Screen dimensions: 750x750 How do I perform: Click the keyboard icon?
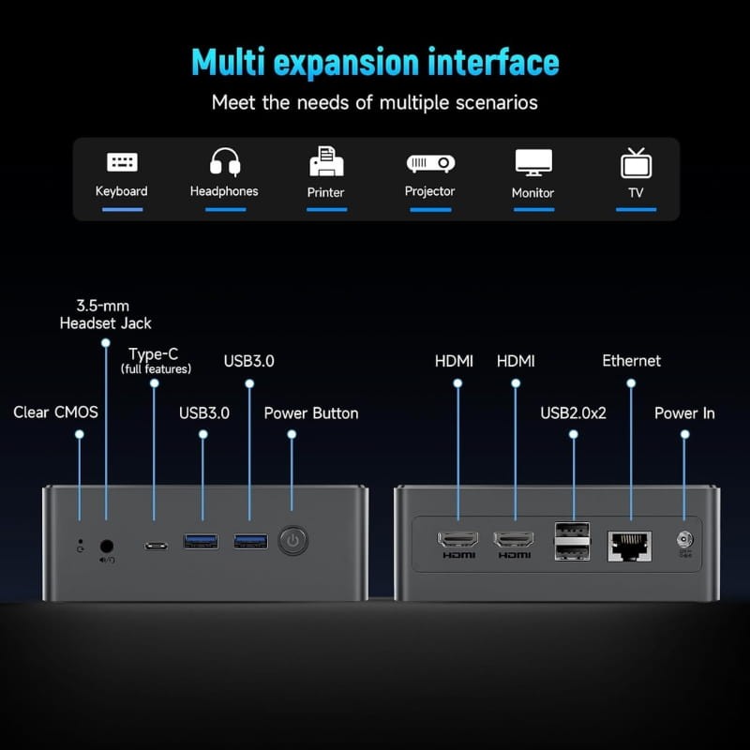click(x=122, y=161)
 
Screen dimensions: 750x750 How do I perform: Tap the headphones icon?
click(x=224, y=161)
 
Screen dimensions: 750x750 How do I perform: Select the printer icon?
click(x=326, y=161)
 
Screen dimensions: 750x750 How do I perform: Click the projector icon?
click(x=430, y=162)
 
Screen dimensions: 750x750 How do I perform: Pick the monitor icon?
click(x=533, y=162)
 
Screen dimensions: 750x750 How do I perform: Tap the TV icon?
click(x=637, y=162)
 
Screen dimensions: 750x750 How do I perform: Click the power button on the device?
click(x=293, y=541)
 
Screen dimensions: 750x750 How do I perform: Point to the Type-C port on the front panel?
click(x=155, y=545)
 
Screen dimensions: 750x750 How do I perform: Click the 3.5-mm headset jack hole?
click(x=107, y=545)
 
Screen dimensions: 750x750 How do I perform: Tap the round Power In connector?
click(x=685, y=541)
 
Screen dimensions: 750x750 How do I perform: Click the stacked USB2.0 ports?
click(x=573, y=541)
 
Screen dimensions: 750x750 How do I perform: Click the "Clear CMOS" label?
click(x=55, y=412)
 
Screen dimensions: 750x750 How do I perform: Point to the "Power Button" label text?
click(x=311, y=412)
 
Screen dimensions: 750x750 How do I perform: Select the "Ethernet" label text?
click(x=631, y=361)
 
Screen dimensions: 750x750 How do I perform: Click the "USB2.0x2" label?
click(x=574, y=412)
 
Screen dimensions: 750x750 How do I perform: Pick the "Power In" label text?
click(x=684, y=412)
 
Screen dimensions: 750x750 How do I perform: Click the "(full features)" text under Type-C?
click(x=156, y=370)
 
